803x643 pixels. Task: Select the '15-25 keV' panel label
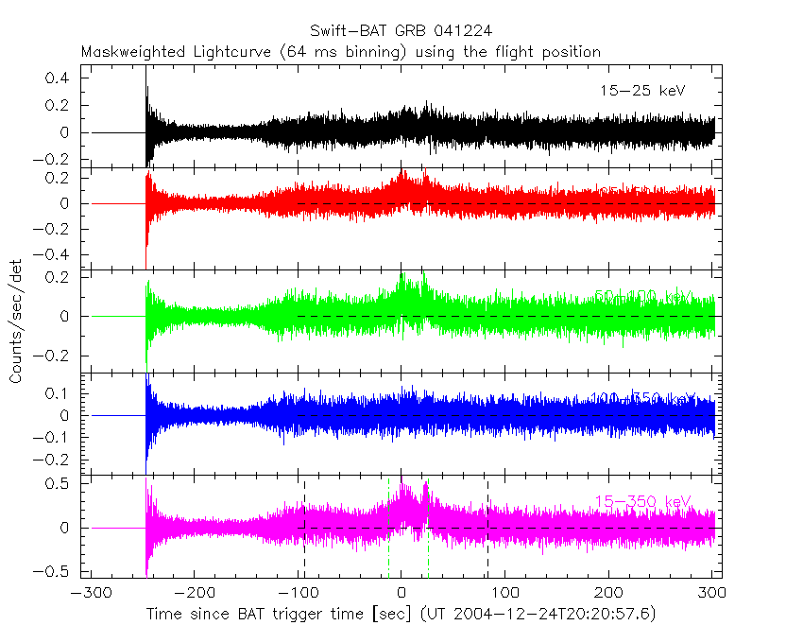(x=641, y=91)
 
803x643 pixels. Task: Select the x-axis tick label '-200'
(x=192, y=594)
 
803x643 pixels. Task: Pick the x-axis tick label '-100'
(x=296, y=594)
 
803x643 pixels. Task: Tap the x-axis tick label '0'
(x=401, y=594)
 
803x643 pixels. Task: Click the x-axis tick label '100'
(x=504, y=594)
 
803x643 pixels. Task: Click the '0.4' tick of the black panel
(x=60, y=78)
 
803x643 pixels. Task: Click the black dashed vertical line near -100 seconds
(x=304, y=530)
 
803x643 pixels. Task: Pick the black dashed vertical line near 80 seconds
(x=487, y=530)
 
